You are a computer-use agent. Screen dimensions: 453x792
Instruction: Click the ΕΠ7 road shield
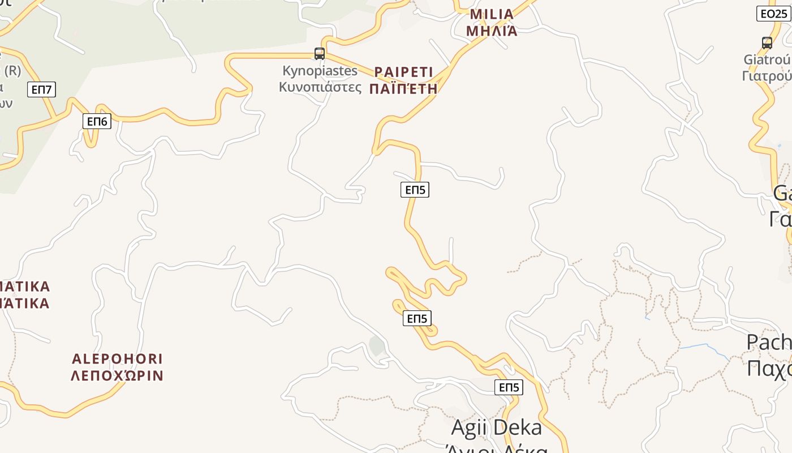click(x=41, y=89)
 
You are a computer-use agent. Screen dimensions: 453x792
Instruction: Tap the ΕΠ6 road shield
click(x=97, y=121)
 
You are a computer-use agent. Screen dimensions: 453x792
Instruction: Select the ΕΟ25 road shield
click(x=773, y=14)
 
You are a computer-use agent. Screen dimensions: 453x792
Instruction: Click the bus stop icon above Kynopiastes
click(x=320, y=54)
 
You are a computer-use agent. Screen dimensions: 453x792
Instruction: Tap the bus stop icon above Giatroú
click(x=767, y=42)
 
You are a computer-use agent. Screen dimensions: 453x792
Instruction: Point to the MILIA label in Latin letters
click(x=492, y=14)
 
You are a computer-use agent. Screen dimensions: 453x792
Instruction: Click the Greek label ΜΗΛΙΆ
click(x=492, y=31)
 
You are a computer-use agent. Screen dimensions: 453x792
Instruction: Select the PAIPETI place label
click(x=403, y=72)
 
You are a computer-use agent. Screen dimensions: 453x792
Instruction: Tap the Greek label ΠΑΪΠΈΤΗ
click(x=403, y=89)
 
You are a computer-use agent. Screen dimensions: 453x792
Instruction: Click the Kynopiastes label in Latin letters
click(x=320, y=71)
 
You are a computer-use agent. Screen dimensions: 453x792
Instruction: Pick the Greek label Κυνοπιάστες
click(x=320, y=87)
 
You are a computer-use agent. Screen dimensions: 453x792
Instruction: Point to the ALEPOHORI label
click(x=118, y=359)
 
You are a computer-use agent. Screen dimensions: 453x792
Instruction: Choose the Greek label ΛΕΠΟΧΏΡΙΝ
click(x=117, y=375)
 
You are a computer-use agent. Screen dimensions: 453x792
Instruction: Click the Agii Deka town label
click(x=496, y=428)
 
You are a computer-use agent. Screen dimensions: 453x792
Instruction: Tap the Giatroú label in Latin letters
click(x=767, y=59)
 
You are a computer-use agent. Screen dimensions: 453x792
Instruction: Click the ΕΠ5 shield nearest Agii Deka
click(x=509, y=387)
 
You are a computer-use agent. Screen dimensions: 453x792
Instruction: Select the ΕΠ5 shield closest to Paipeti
click(x=415, y=190)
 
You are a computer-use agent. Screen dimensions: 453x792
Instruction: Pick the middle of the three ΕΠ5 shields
click(x=417, y=318)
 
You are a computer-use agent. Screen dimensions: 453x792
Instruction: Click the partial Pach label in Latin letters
click(x=769, y=343)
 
